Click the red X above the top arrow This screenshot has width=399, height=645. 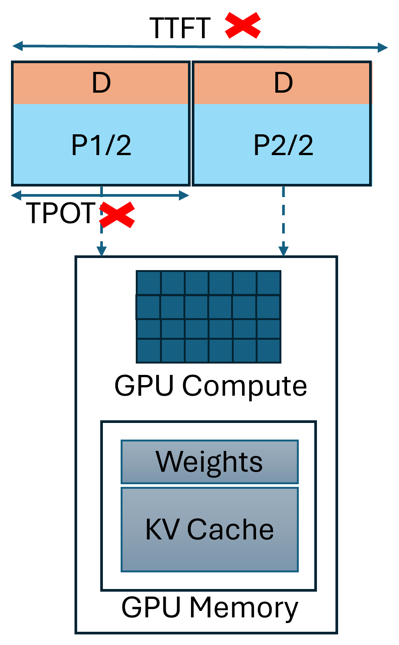click(243, 25)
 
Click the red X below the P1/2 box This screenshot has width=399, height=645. click(117, 214)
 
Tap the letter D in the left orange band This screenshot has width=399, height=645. click(101, 83)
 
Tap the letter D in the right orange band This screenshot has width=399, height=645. click(283, 83)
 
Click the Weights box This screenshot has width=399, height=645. click(210, 462)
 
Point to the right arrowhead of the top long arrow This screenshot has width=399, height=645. click(383, 48)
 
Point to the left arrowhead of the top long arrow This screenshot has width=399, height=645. click(17, 46)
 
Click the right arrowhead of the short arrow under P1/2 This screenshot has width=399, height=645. click(184, 195)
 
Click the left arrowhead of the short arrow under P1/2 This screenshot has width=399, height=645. click(16, 195)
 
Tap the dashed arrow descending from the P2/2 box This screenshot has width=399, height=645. click(283, 219)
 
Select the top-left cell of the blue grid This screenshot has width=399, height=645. click(148, 283)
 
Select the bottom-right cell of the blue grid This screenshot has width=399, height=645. click(269, 351)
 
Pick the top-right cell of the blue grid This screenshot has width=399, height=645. click(269, 283)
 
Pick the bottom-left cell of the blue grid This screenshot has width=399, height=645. click(148, 351)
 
